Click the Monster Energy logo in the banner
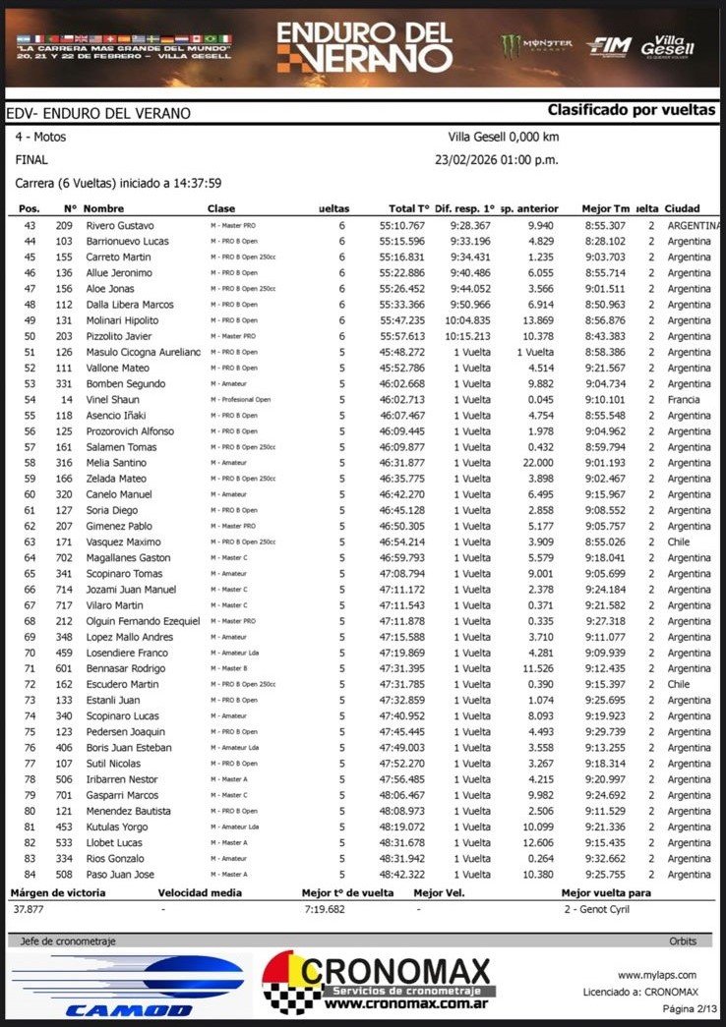click(536, 45)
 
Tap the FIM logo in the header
click(607, 46)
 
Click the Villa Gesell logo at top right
click(668, 45)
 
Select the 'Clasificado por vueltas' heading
click(632, 110)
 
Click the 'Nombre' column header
click(103, 208)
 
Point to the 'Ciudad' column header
click(683, 208)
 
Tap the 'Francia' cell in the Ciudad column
click(684, 400)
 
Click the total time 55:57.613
click(402, 336)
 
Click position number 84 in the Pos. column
click(30, 875)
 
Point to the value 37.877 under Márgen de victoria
click(30, 909)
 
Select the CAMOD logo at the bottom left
click(127, 986)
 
